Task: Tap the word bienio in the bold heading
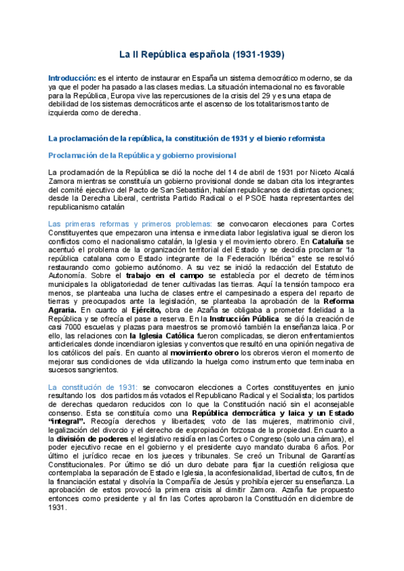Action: click(x=272, y=138)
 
